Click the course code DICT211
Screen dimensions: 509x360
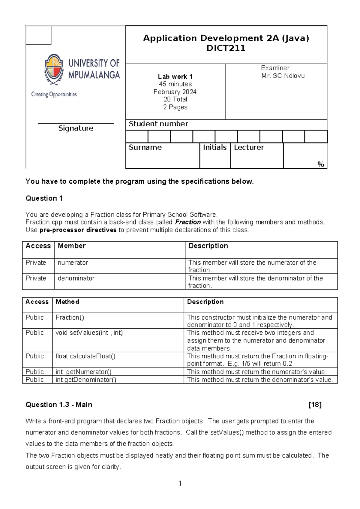click(x=226, y=48)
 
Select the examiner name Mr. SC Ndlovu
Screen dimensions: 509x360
click(x=283, y=76)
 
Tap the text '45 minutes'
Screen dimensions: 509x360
click(x=175, y=84)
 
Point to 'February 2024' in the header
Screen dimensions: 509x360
click(x=175, y=92)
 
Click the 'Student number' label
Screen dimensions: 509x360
click(x=158, y=124)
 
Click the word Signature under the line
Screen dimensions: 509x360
click(x=76, y=128)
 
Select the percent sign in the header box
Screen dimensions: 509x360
click(x=321, y=164)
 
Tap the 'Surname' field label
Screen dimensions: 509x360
click(x=145, y=147)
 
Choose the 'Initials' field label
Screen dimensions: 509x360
click(x=214, y=147)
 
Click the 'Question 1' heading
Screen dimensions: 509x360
click(x=44, y=198)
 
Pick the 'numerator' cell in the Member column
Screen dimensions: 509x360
click(x=73, y=263)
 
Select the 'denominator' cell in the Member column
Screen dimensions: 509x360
click(x=76, y=278)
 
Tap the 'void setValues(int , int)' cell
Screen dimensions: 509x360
click(x=89, y=333)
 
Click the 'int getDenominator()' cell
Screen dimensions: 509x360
click(x=86, y=380)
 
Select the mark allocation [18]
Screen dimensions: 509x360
click(x=315, y=405)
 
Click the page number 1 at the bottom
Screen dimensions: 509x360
click(x=180, y=483)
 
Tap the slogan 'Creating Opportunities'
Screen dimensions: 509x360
click(x=54, y=95)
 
